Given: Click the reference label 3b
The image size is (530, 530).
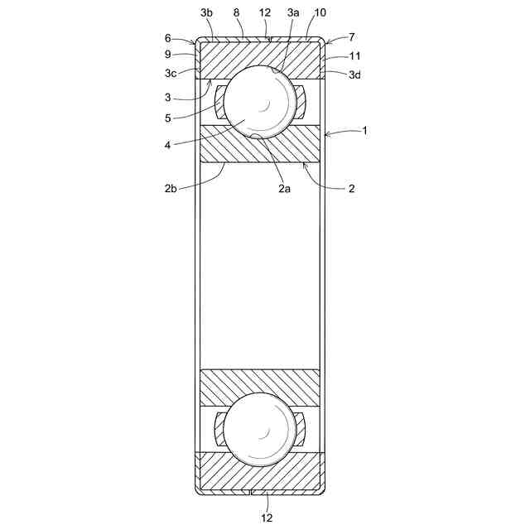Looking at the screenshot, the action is [206, 13].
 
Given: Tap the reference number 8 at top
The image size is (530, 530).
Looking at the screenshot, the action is [236, 13].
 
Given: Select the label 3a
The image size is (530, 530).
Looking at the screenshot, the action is [293, 13].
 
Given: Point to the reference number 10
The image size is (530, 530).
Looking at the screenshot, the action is [320, 13].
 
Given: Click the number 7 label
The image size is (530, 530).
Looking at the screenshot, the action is [352, 36].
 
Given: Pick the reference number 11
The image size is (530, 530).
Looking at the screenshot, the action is [354, 55].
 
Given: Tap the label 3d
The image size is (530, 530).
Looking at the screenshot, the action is [354, 75].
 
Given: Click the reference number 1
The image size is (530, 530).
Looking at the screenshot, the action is [364, 131].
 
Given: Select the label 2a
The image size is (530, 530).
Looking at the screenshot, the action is [284, 188].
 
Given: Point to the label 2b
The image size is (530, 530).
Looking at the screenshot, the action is [171, 188].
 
